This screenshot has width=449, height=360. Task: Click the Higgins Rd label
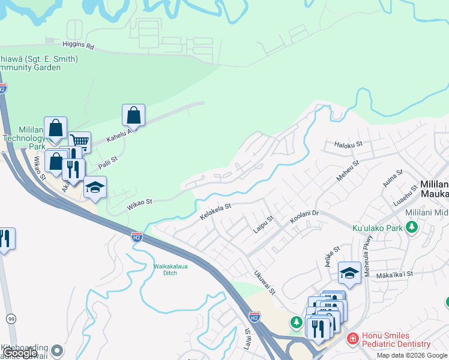(x=78, y=45)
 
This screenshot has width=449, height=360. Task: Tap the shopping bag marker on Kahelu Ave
(x=133, y=115)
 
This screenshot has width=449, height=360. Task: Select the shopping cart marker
(x=79, y=142)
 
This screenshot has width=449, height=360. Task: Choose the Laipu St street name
(x=262, y=225)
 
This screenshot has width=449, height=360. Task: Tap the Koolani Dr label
(x=307, y=216)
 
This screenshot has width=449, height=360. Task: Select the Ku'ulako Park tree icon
(x=411, y=227)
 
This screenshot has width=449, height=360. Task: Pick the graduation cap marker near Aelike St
(x=350, y=273)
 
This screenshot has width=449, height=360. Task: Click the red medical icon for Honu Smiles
(x=352, y=339)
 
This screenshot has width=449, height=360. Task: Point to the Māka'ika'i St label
(x=394, y=274)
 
